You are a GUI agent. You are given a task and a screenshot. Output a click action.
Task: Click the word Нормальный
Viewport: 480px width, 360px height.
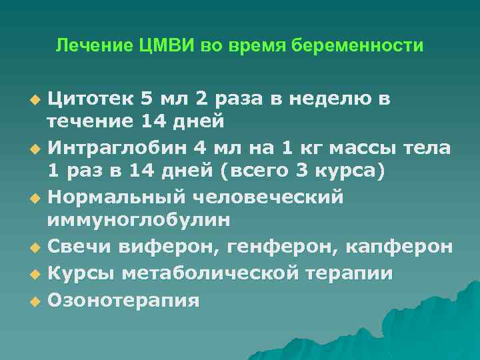click(x=119, y=197)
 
